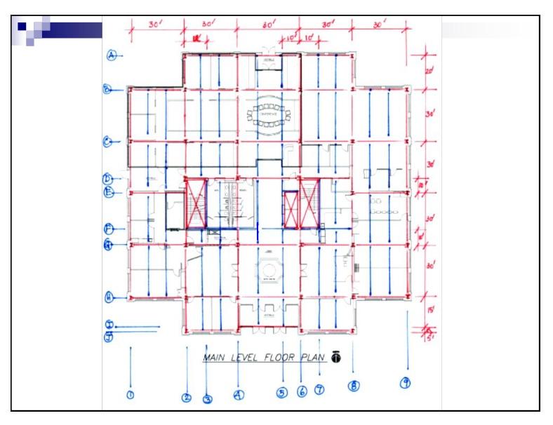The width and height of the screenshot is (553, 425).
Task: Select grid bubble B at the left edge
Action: pyautogui.click(x=107, y=90)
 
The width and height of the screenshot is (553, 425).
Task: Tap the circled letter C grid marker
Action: pyautogui.click(x=107, y=142)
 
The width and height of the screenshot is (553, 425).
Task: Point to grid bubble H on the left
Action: pyautogui.click(x=109, y=297)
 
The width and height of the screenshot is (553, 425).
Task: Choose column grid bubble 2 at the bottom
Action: pyautogui.click(x=187, y=398)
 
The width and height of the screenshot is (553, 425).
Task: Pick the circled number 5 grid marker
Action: pyautogui.click(x=282, y=393)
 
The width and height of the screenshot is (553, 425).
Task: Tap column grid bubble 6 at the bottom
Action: pyautogui.click(x=302, y=392)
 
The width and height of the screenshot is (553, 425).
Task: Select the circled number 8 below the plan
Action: pyautogui.click(x=354, y=386)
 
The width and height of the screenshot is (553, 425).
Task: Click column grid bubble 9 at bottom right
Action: pyautogui.click(x=406, y=382)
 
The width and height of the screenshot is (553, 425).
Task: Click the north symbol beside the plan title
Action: pyautogui.click(x=335, y=358)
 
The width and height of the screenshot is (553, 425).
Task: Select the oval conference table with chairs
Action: pyautogui.click(x=269, y=116)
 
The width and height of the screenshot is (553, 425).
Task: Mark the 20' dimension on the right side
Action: pyautogui.click(x=429, y=71)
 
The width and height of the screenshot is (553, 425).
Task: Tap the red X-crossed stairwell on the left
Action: pyautogui.click(x=195, y=203)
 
